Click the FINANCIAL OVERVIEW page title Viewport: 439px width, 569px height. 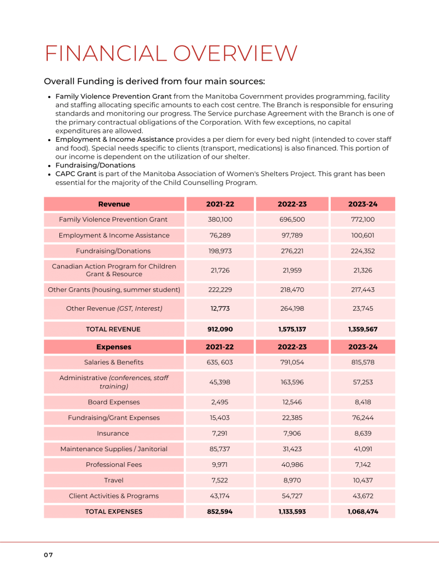point(171,53)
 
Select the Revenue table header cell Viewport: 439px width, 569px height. point(114,204)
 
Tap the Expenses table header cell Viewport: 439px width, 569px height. point(114,347)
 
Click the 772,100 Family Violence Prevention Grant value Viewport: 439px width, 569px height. point(363,219)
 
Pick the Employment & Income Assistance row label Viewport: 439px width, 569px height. point(114,235)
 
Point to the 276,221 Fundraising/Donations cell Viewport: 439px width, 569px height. point(292,251)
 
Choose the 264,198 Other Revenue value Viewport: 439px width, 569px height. point(292,308)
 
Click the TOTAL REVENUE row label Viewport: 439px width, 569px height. point(113,329)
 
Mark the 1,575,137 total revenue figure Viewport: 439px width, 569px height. point(292,329)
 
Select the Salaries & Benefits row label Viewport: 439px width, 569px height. point(114,362)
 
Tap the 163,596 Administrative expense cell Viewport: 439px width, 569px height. point(292,382)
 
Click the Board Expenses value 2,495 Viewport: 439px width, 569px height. point(220,402)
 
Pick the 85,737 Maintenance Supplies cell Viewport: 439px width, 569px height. point(220,448)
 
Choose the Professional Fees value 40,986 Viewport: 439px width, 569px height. point(292,465)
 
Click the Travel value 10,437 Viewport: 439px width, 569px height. point(363,480)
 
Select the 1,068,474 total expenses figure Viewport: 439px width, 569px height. point(363,511)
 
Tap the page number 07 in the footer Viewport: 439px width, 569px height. point(48,555)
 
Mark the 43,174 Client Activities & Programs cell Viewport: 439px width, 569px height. point(220,496)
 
